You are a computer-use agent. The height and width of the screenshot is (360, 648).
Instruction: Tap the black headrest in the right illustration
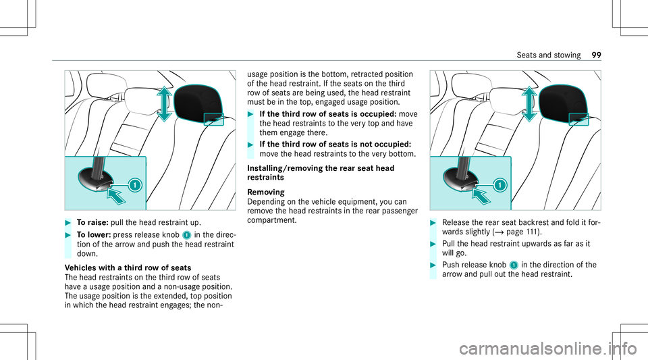(x=564, y=105)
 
